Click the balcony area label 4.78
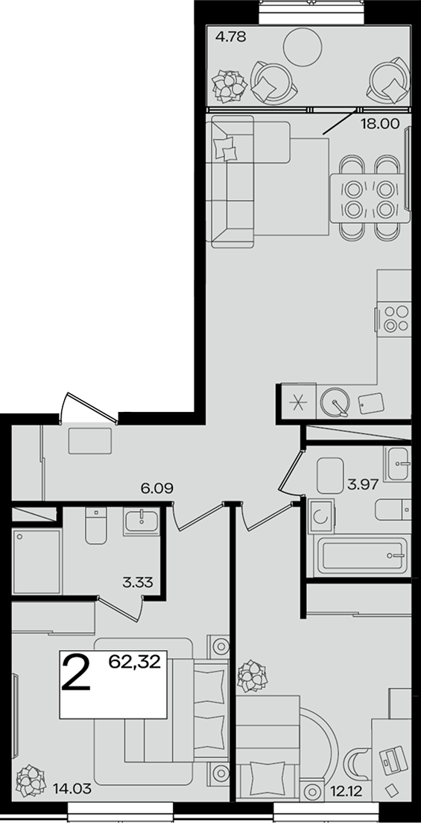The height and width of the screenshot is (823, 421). point(231,37)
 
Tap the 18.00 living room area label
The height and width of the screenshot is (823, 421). point(380,124)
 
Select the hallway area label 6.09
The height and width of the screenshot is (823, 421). point(156,489)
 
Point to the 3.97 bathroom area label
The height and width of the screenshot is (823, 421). point(362,484)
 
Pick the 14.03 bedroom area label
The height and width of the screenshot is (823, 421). point(72,788)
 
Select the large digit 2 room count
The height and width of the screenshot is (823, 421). point(76,672)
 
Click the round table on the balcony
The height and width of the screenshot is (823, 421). point(302,46)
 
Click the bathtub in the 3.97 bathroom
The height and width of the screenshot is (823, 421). point(361,556)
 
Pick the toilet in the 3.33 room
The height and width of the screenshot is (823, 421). point(96,525)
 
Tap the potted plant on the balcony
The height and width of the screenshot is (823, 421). point(229,86)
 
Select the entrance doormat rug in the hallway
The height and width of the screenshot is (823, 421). point(89,441)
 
